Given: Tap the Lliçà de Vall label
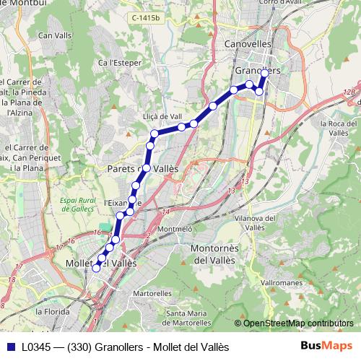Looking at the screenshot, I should (163, 116).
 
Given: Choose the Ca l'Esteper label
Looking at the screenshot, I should (123, 63).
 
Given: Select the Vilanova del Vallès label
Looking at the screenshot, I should (258, 222).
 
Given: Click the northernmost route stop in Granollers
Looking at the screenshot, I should (264, 73).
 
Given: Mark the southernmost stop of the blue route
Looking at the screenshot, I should (96, 268).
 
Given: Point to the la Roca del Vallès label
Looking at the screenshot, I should (334, 128).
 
